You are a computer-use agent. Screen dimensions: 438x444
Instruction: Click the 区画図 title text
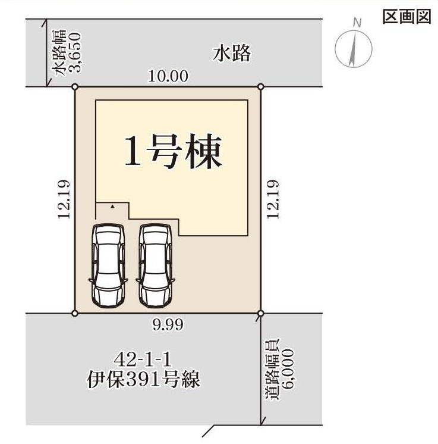pos(407,17)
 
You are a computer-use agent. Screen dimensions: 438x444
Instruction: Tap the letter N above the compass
pos(357,23)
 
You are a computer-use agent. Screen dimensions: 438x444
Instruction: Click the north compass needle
pos(353,49)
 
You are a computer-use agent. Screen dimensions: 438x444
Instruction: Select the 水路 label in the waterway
pos(232,54)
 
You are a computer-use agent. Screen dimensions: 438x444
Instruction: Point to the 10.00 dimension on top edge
pos(168,76)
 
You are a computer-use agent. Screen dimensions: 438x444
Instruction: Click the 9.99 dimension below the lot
pos(168,325)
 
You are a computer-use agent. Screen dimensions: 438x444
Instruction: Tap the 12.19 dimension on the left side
pos(64,199)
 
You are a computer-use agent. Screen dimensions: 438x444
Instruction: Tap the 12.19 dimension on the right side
pos(273,199)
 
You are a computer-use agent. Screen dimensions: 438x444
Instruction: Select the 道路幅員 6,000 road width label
pos(280,370)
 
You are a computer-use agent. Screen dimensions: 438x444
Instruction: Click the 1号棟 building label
pos(173,152)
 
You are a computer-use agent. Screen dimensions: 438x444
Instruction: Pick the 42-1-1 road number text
pos(143,360)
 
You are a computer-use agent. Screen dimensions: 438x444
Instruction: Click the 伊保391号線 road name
pos(143,380)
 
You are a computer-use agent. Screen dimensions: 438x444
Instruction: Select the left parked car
pos(108,265)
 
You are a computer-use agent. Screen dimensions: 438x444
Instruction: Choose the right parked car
pos(156,265)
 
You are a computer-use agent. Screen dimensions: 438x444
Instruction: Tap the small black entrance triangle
pos(112,207)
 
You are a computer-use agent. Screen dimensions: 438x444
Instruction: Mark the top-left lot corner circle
pos(75,87)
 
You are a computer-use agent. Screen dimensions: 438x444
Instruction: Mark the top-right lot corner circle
pos(261,87)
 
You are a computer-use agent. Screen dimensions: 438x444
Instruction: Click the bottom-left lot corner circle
pos(75,313)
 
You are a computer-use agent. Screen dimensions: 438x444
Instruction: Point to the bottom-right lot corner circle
pos(261,313)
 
